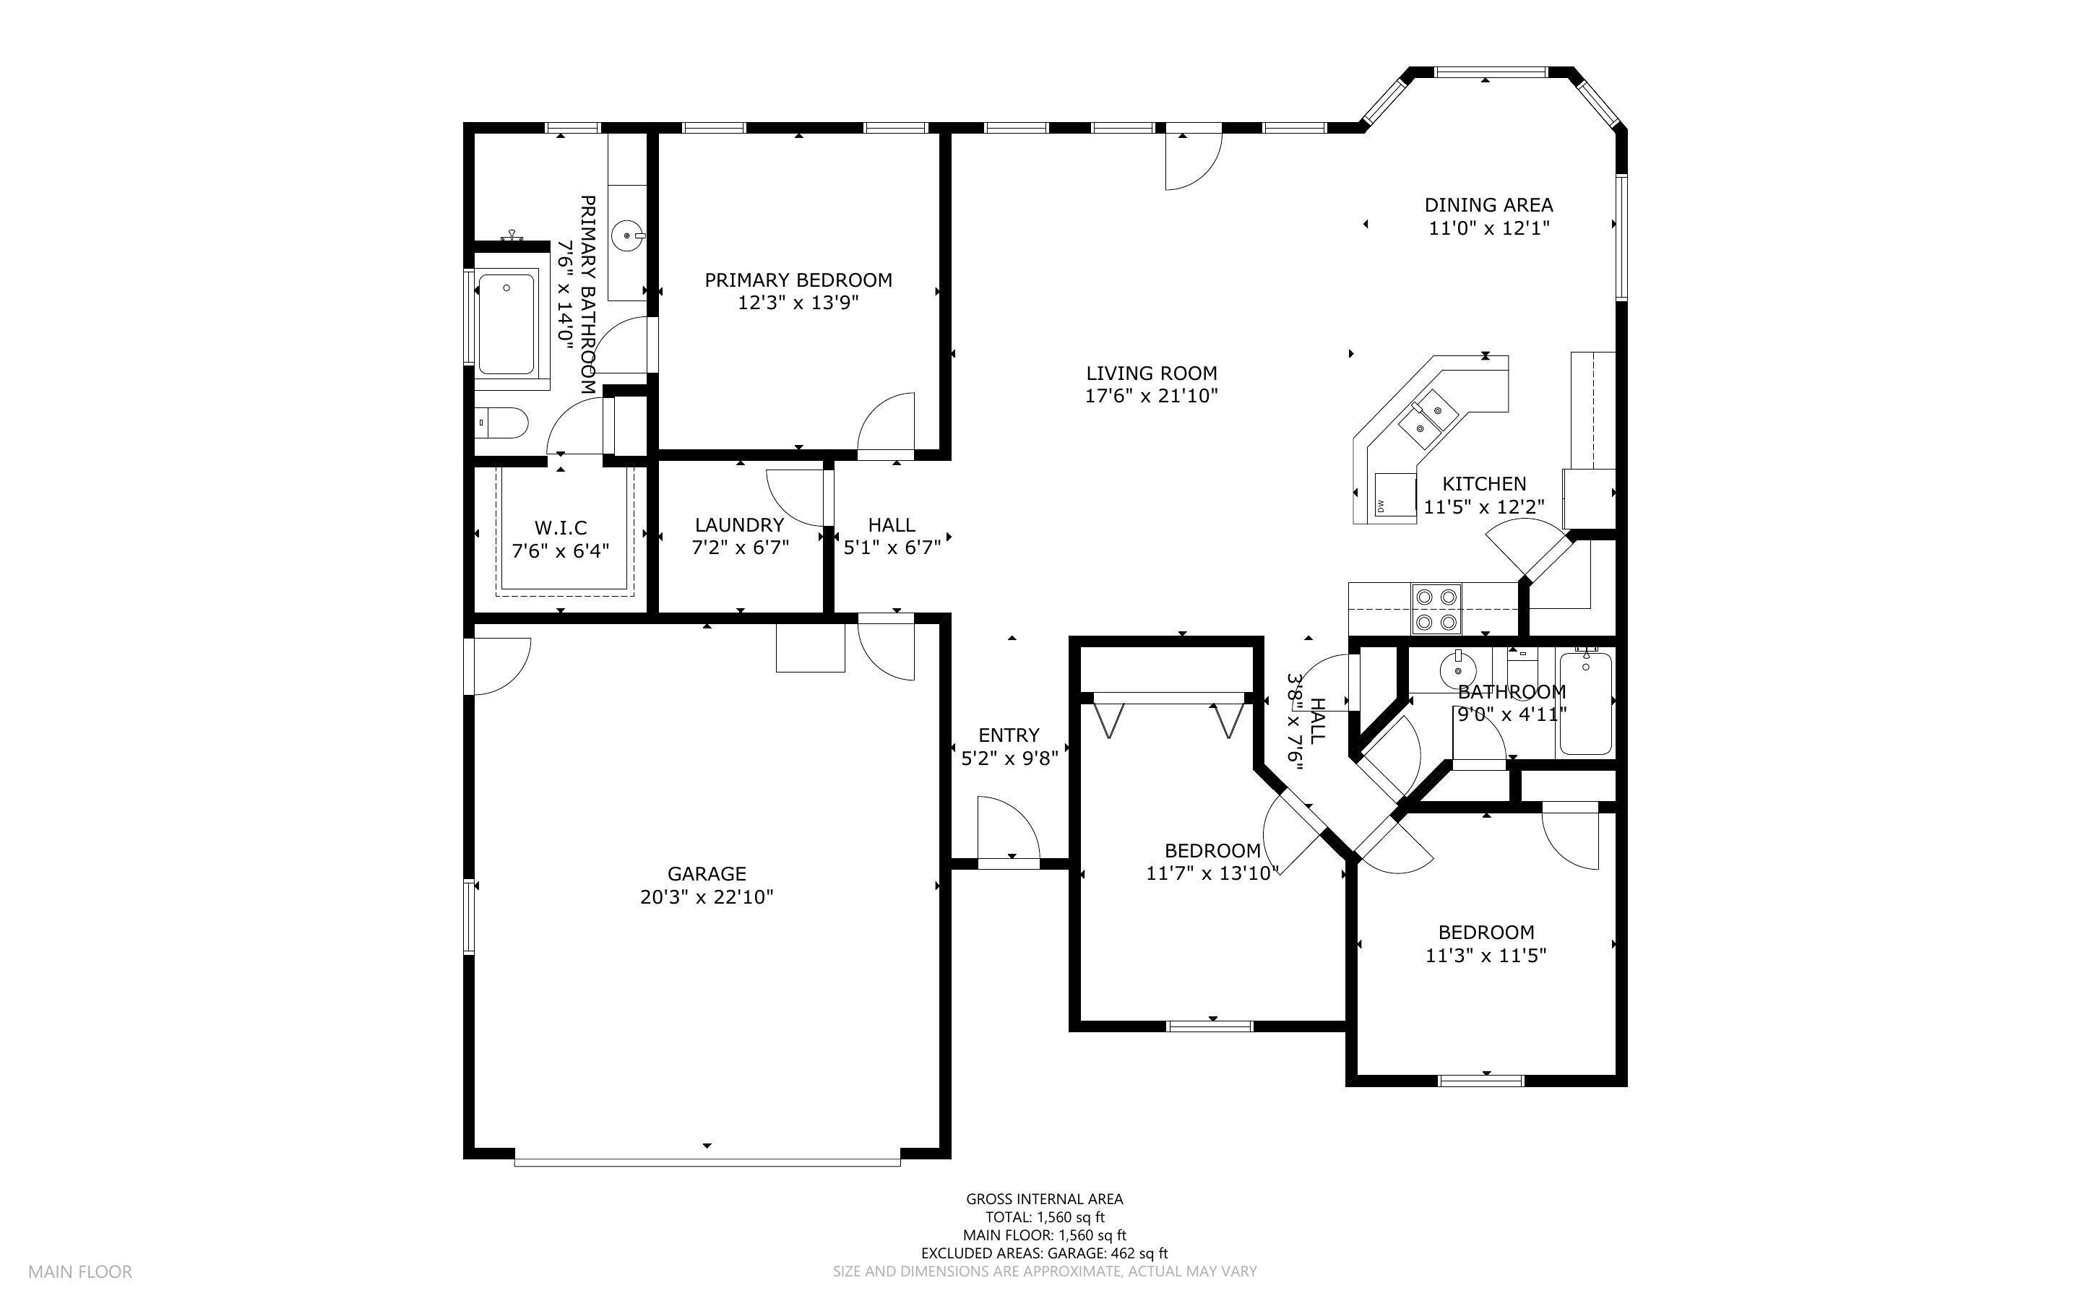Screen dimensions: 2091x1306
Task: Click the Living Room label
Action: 1151,373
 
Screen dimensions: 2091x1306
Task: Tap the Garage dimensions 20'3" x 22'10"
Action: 707,896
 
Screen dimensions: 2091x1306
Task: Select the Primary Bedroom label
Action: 798,280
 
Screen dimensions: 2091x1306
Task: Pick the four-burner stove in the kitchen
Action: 1436,609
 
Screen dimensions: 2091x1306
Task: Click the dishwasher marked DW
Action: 1396,497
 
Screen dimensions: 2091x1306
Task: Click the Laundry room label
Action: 739,525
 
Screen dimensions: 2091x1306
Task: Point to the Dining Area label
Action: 1488,204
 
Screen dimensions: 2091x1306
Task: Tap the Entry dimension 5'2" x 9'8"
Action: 1009,759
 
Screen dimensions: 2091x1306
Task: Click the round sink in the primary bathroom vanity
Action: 628,235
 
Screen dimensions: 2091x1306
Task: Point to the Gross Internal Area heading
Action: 1044,1199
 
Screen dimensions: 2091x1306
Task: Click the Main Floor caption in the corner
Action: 80,1272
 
